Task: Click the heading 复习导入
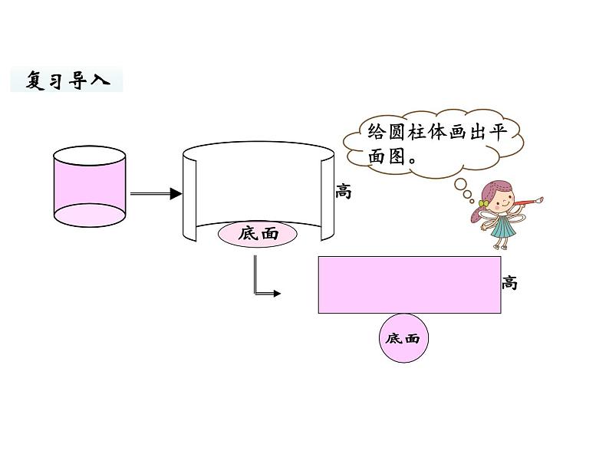(x=67, y=80)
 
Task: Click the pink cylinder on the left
(x=89, y=189)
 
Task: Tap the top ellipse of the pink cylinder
(x=89, y=159)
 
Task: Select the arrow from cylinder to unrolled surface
(x=156, y=194)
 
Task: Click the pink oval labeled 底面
(x=258, y=234)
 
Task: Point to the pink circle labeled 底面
(x=403, y=338)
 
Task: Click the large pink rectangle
(x=410, y=285)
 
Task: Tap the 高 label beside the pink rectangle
(x=510, y=283)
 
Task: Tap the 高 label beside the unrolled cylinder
(x=343, y=192)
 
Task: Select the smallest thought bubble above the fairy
(x=469, y=195)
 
